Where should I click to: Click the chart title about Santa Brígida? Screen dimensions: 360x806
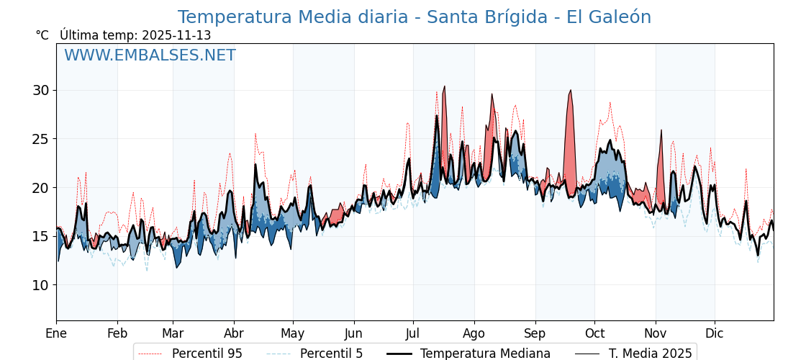pos(414,17)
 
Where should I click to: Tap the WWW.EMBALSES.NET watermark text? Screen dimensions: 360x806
pos(150,55)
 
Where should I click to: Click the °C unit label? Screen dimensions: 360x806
pos(42,35)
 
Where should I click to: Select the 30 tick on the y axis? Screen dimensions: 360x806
pos(40,90)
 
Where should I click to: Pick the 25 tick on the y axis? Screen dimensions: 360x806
pos(40,139)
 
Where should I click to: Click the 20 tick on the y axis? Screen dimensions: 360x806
pos(40,188)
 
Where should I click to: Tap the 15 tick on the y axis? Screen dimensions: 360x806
pos(40,236)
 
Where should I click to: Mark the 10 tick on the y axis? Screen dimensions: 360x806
pos(40,285)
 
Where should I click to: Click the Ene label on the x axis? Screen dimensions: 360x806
pos(56,333)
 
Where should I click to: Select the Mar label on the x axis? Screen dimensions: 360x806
pos(173,333)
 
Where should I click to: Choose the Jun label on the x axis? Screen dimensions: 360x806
pos(353,333)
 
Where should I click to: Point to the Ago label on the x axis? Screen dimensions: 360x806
pos(474,333)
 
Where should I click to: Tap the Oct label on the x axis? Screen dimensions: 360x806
pos(594,333)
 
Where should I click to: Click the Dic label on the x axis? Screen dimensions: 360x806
pos(715,333)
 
